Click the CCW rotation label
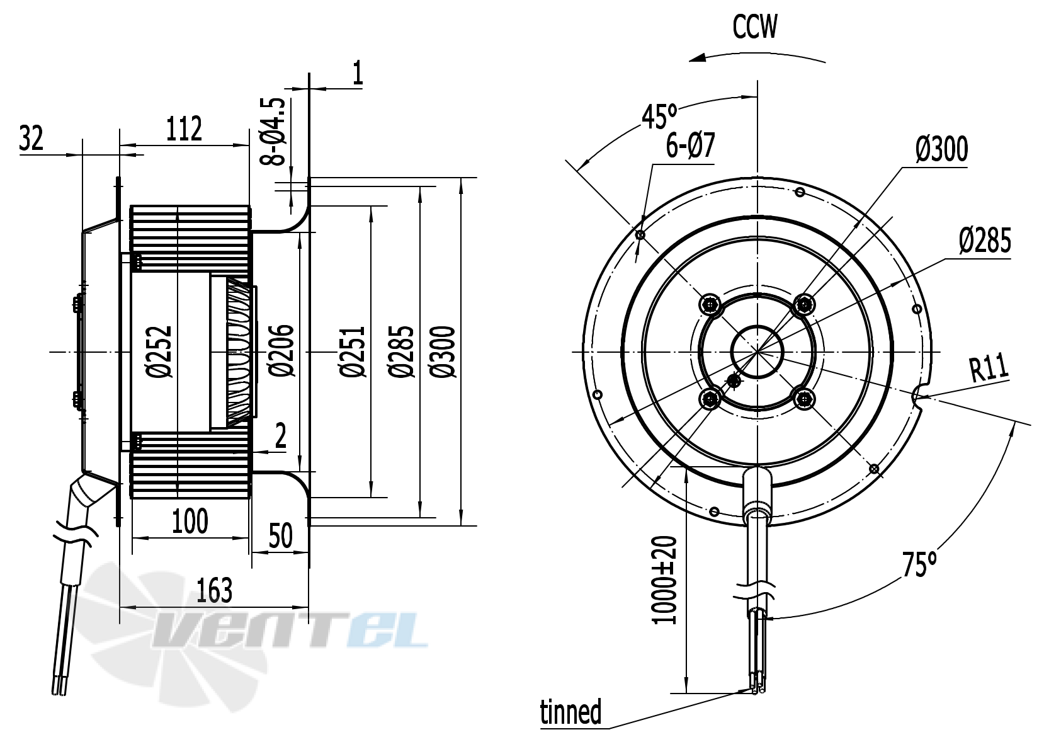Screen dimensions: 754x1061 [x=754, y=27]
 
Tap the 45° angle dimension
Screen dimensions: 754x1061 [x=659, y=116]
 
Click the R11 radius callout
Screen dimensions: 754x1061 [x=989, y=368]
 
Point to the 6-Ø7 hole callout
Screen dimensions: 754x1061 [x=690, y=146]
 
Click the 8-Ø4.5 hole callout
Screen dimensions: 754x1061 [x=273, y=131]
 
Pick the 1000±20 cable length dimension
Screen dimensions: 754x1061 [x=665, y=580]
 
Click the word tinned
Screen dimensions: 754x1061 [x=570, y=712]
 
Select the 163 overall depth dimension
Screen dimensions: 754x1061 [x=214, y=590]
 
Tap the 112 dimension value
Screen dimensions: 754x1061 [x=184, y=129]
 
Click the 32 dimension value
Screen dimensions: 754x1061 [x=31, y=138]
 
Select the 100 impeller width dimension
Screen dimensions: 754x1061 [x=190, y=522]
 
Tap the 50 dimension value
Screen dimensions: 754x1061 [x=280, y=536]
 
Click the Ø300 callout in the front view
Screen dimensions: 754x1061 [x=941, y=149]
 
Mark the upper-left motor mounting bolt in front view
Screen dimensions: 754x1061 [x=710, y=305]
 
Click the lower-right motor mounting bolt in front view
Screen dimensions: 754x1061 [x=804, y=398]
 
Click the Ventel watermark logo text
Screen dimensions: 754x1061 [x=290, y=628]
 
